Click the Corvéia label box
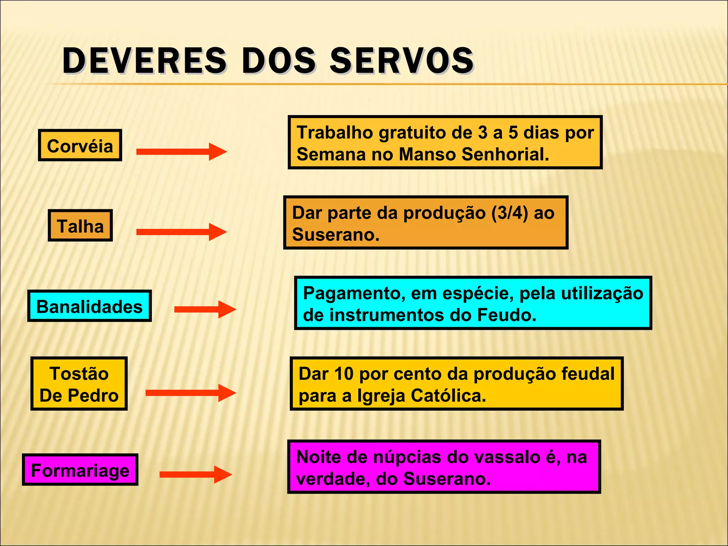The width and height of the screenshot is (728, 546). coord(80,145)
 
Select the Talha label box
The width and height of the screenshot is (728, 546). coord(80,226)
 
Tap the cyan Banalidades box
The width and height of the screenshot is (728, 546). coord(90,306)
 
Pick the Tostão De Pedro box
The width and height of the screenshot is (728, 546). coord(79,384)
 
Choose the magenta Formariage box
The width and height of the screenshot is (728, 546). coord(80,470)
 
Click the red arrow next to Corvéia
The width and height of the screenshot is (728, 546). coord(181,152)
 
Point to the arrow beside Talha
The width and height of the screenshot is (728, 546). coord(181,232)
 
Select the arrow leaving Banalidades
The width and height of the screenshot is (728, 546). coord(205,309)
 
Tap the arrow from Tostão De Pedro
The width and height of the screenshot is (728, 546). coord(191,393)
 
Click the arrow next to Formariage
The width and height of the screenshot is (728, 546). coord(196,475)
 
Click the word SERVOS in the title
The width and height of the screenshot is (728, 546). coord(402,60)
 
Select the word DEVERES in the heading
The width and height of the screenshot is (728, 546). coord(144,60)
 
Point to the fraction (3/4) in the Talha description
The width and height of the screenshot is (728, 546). coord(510,213)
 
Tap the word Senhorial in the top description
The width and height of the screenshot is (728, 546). coord(505,154)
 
